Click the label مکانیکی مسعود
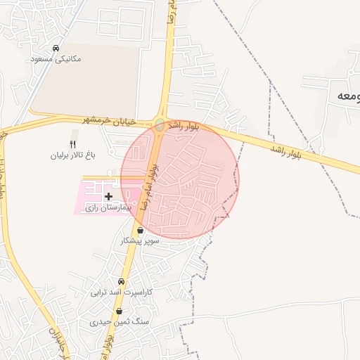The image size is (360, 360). pyautogui.click(x=56, y=59)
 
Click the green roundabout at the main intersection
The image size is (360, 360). pyautogui.click(x=160, y=125)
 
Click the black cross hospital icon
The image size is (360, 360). pyautogui.click(x=108, y=196)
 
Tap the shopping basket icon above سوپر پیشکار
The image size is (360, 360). pyautogui.click(x=141, y=230)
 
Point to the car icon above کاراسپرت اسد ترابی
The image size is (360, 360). pyautogui.click(x=122, y=281)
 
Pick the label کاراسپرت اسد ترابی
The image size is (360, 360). pyautogui.click(x=122, y=292)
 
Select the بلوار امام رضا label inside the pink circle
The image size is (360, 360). pyautogui.click(x=149, y=186)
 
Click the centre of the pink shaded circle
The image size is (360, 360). pyautogui.click(x=180, y=179)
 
